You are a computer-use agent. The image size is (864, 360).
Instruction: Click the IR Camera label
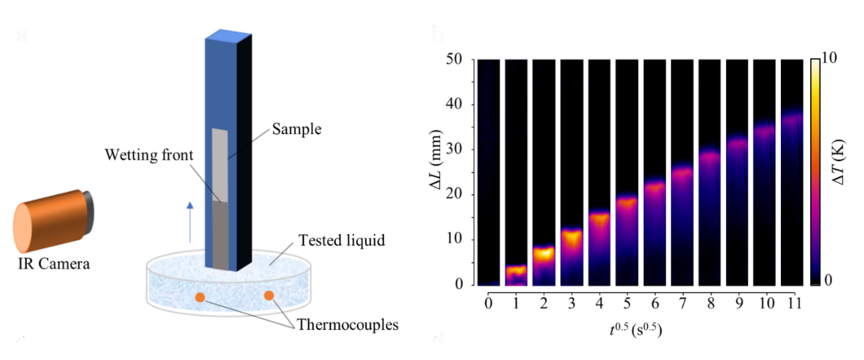click(54, 264)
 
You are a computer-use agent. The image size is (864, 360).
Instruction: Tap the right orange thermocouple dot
click(268, 296)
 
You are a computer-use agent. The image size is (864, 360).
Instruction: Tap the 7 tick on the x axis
click(683, 304)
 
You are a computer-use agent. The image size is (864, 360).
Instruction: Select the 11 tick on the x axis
click(794, 304)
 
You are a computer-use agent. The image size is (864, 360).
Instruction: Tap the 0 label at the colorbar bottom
click(827, 281)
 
